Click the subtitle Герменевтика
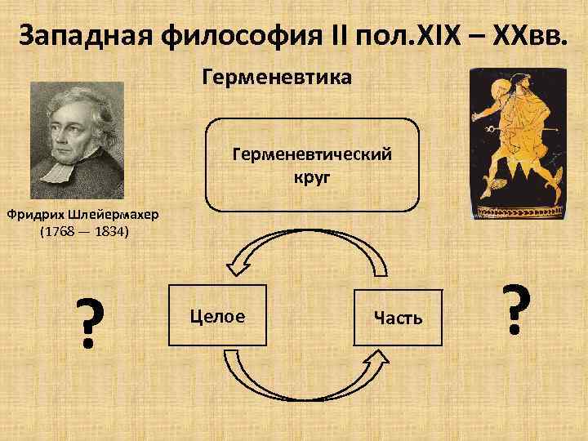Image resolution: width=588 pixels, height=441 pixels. [x=276, y=78]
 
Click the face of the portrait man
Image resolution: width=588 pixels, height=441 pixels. [x=69, y=131]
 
